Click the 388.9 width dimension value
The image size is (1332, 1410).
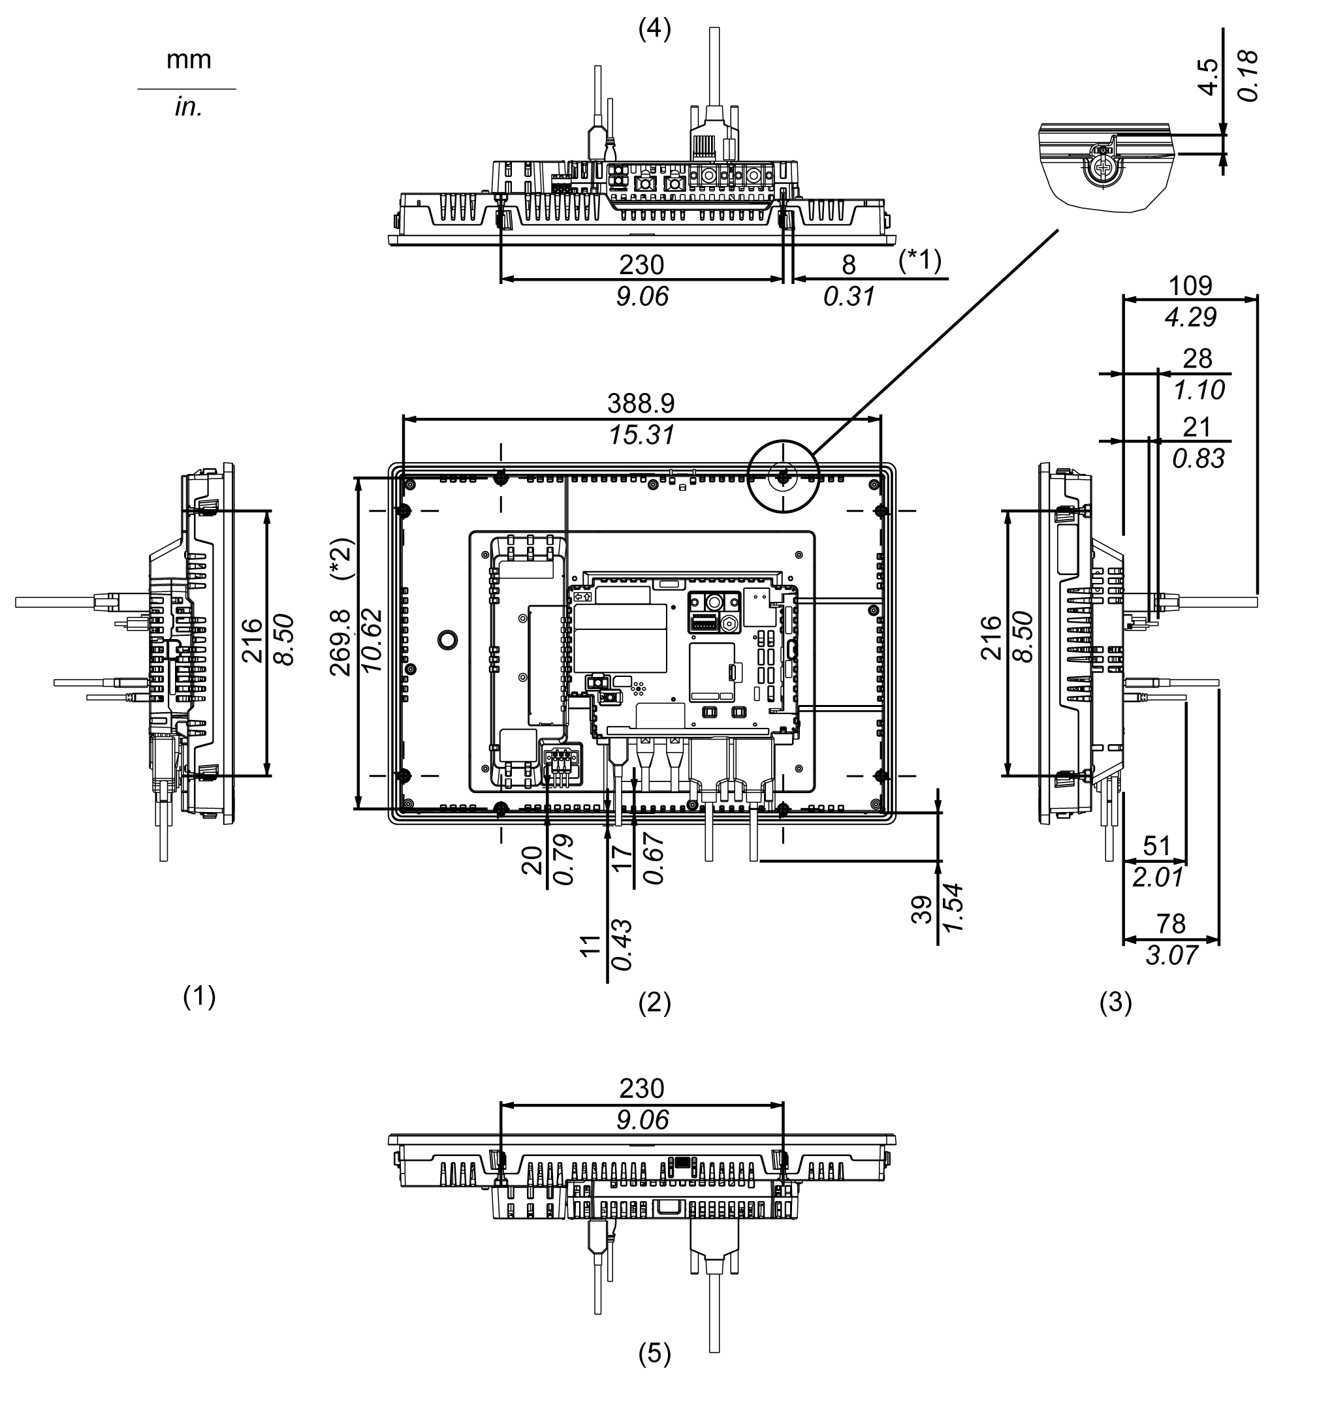(x=641, y=404)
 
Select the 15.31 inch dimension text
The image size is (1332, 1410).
(x=641, y=435)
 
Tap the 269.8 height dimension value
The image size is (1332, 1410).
(x=341, y=642)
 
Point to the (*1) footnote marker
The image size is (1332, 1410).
(x=919, y=260)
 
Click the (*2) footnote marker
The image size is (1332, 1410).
(x=341, y=559)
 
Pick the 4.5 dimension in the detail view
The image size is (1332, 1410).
(x=1208, y=76)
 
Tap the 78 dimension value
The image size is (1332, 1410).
(x=1171, y=924)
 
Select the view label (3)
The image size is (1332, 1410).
(x=1115, y=1003)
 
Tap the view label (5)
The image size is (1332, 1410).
(x=654, y=1354)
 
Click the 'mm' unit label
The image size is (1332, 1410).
(x=188, y=59)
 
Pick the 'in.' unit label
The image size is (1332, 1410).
(x=188, y=108)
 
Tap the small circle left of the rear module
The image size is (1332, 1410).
(x=447, y=639)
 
